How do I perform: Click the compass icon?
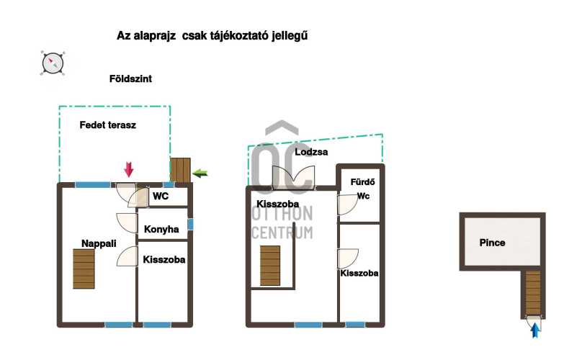53,63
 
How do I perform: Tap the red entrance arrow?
129,169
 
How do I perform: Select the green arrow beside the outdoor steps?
200,174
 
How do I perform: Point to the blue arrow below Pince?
535,330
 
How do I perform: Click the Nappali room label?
99,243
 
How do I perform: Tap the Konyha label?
161,229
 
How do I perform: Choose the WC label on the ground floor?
161,196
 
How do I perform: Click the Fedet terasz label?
108,125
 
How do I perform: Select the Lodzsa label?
311,152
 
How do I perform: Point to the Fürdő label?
362,181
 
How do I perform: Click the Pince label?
492,243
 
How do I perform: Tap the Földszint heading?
130,78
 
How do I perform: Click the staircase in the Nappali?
84,269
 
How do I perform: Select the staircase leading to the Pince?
533,293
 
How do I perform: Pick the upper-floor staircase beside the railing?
270,266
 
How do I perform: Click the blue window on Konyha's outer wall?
190,224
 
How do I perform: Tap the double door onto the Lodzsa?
293,177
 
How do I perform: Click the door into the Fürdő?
347,205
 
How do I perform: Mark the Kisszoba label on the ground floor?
164,259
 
